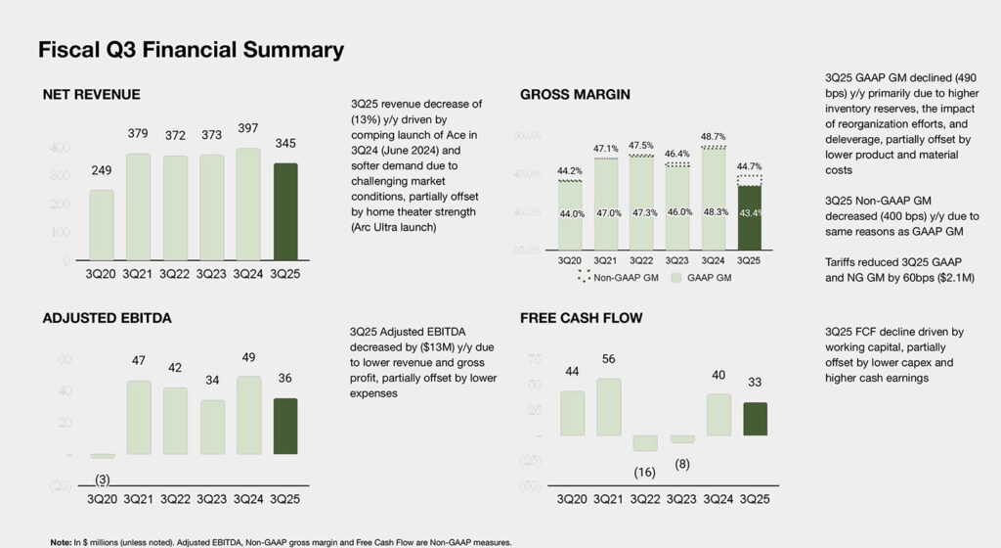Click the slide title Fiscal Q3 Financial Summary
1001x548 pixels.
click(x=191, y=50)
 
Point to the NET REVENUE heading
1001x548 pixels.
click(x=91, y=95)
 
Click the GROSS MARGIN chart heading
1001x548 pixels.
click(x=575, y=95)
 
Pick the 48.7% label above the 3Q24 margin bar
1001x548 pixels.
click(x=716, y=137)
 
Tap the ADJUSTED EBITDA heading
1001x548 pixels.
click(x=109, y=318)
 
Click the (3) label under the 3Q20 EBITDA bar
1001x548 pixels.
click(x=102, y=479)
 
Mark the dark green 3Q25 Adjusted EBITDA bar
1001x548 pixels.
click(x=285, y=426)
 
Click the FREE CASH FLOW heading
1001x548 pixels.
click(x=581, y=318)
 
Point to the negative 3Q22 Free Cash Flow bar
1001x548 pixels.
click(x=645, y=443)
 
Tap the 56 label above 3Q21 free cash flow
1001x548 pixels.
click(x=608, y=359)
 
